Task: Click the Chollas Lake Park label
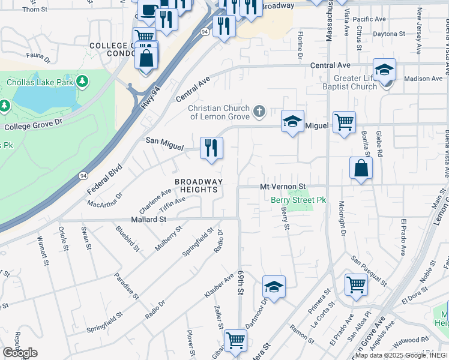40,81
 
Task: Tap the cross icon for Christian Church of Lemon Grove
259,111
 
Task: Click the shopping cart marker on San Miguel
344,122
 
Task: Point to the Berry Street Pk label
298,200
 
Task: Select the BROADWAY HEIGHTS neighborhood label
199,185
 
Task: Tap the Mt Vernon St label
283,187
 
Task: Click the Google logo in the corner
20,353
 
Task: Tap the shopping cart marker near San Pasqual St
356,284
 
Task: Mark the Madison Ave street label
423,79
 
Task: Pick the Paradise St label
127,287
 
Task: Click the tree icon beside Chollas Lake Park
82,80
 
